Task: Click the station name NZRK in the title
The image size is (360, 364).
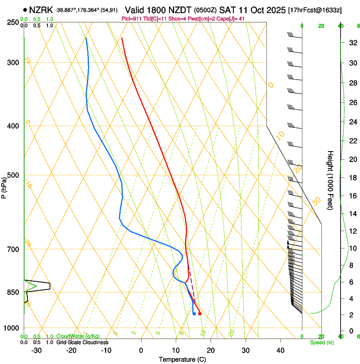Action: tap(42, 10)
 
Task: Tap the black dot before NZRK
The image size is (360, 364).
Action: tap(26, 10)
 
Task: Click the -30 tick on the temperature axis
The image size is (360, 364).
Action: tap(36, 350)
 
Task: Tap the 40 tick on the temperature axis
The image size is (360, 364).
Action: tap(280, 350)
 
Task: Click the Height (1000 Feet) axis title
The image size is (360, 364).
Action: tap(330, 180)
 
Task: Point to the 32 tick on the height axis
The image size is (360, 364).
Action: tap(352, 43)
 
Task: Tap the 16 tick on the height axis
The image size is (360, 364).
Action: tap(352, 196)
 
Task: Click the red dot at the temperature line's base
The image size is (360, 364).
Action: tap(199, 314)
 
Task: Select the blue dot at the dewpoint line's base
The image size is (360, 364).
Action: tap(194, 314)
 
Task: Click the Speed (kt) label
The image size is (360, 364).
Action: tap(322, 342)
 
